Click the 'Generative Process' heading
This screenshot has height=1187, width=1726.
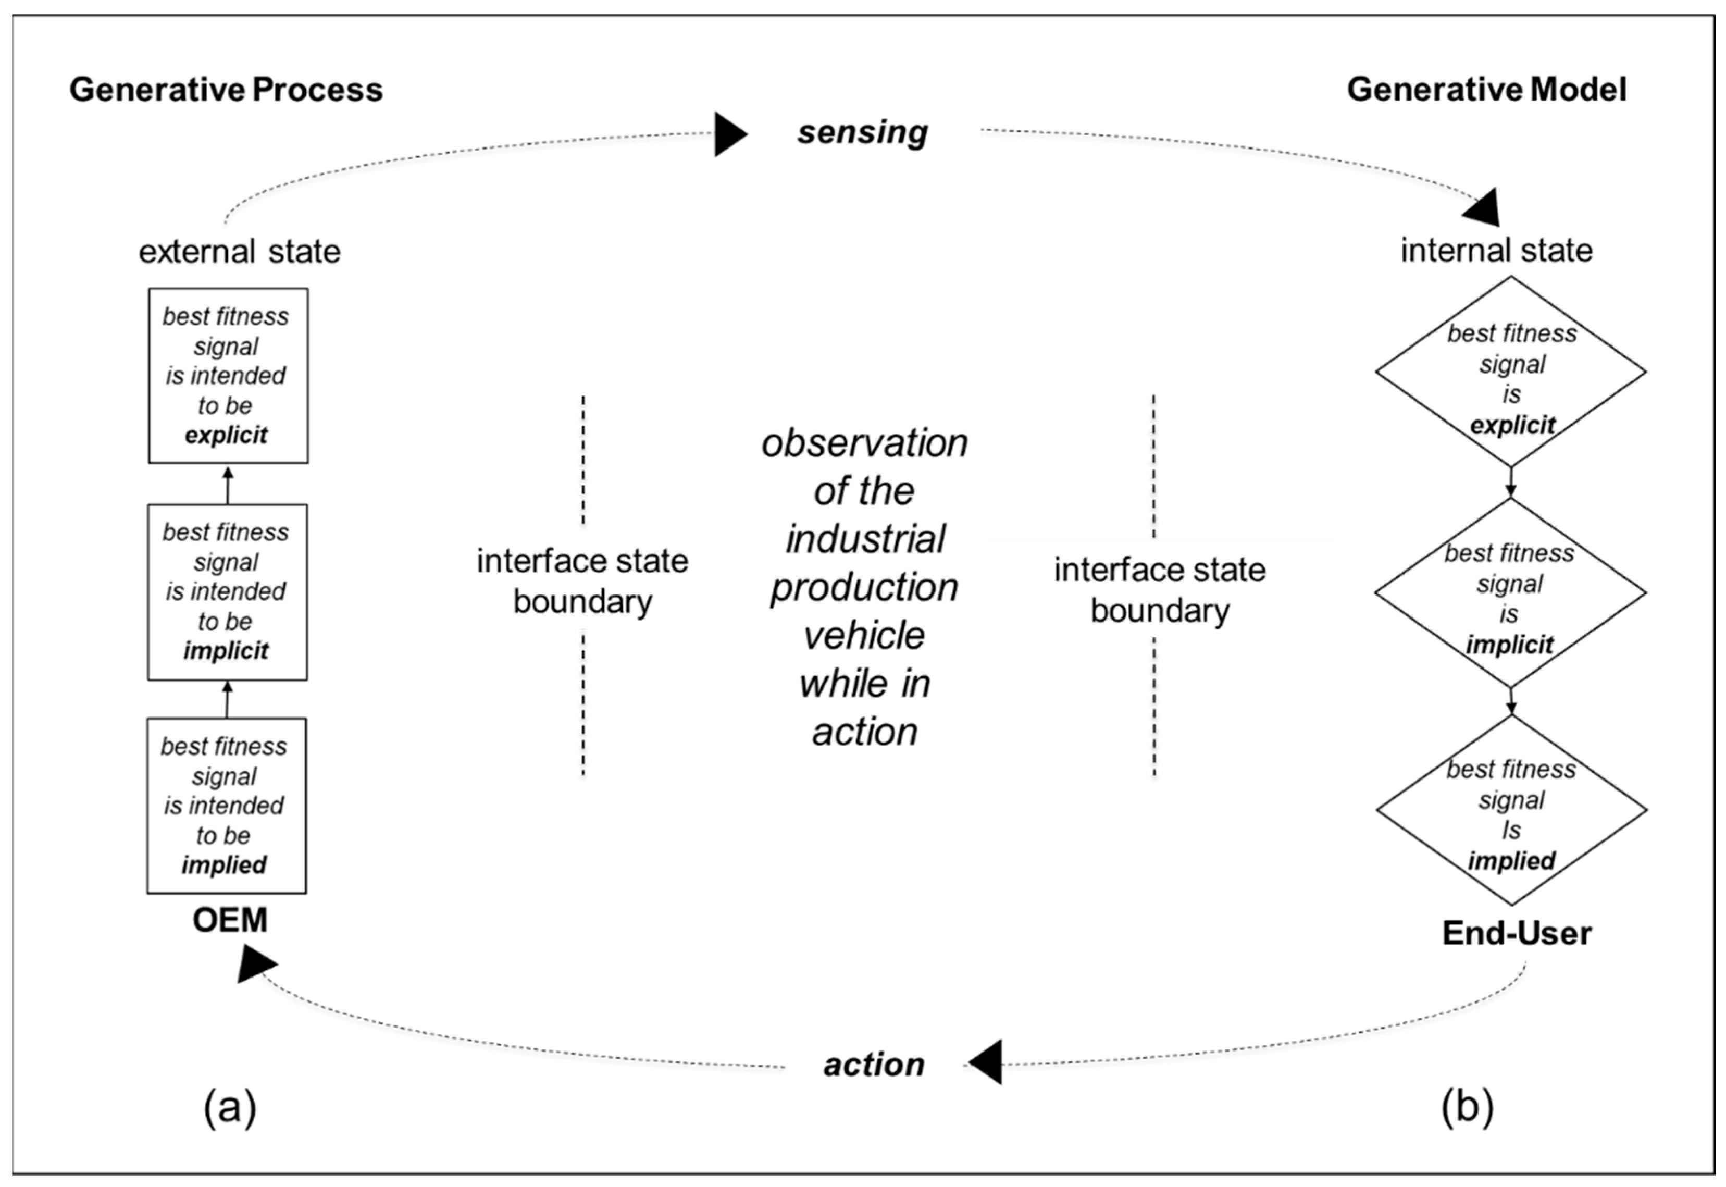226,90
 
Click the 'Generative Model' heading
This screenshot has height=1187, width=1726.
1486,90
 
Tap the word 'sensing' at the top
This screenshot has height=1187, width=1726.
863,132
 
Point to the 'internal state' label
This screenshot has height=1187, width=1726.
1496,250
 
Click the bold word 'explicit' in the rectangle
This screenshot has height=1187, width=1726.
226,435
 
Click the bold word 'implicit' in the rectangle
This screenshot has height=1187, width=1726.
226,651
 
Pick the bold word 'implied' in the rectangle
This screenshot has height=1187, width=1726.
224,865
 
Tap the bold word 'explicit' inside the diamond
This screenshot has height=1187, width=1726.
1512,425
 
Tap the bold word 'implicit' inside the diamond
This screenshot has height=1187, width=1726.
1510,645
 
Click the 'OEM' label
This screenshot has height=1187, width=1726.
230,921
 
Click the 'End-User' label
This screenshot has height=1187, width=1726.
1517,933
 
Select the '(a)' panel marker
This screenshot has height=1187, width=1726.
230,1107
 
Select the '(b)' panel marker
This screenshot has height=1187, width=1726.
1467,1107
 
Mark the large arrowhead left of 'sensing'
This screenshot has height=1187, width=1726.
729,134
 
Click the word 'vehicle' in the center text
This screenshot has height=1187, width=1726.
864,636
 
